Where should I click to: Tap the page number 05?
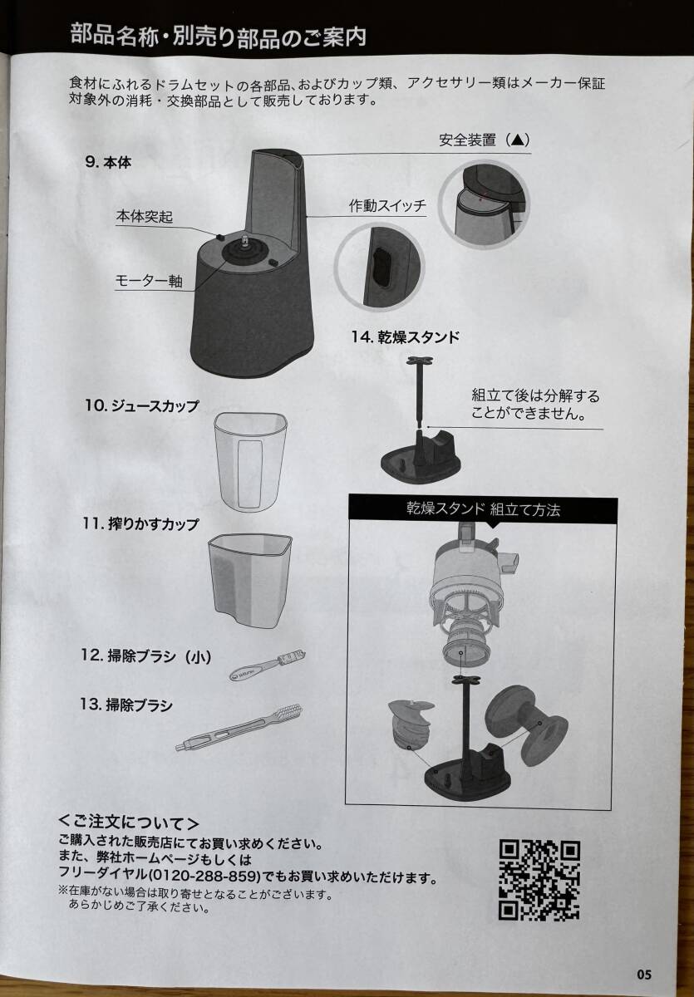pyautogui.click(x=643, y=975)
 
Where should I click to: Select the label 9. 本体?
pyautogui.click(x=108, y=163)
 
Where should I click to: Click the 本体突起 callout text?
pyautogui.click(x=145, y=217)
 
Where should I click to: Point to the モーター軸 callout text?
pyautogui.click(x=149, y=282)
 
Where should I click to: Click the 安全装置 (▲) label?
pyautogui.click(x=485, y=140)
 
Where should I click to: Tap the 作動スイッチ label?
pyautogui.click(x=388, y=206)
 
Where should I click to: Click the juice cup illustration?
pyautogui.click(x=250, y=462)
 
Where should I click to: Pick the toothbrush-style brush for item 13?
pyautogui.click(x=239, y=728)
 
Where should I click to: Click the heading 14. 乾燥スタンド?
pyautogui.click(x=406, y=337)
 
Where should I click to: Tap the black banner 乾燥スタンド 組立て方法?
pyautogui.click(x=483, y=508)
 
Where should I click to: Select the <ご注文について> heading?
pyautogui.click(x=129, y=823)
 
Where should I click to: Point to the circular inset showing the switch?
pyautogui.click(x=378, y=266)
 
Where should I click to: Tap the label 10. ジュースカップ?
pyautogui.click(x=141, y=406)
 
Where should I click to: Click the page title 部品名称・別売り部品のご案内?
pyautogui.click(x=218, y=36)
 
